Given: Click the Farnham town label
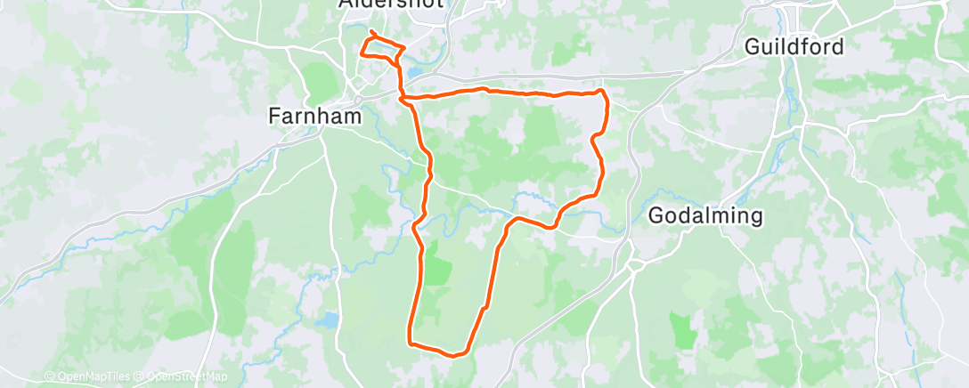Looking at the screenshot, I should coord(315,116).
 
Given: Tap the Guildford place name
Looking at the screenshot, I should coord(794,46).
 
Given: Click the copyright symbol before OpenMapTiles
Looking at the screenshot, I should coord(49,376).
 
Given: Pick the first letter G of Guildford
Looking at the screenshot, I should coord(751,46).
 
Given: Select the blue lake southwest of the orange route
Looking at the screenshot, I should coord(330,319).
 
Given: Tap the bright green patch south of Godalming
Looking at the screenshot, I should coord(683,329).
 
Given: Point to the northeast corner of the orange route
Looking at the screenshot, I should coord(603,92).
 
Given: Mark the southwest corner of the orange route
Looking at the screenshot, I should coord(410,341).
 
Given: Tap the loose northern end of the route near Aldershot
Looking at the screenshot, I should coord(370,32).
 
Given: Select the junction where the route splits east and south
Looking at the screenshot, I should coord(406,96).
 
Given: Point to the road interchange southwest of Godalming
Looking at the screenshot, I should coord(633,263).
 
